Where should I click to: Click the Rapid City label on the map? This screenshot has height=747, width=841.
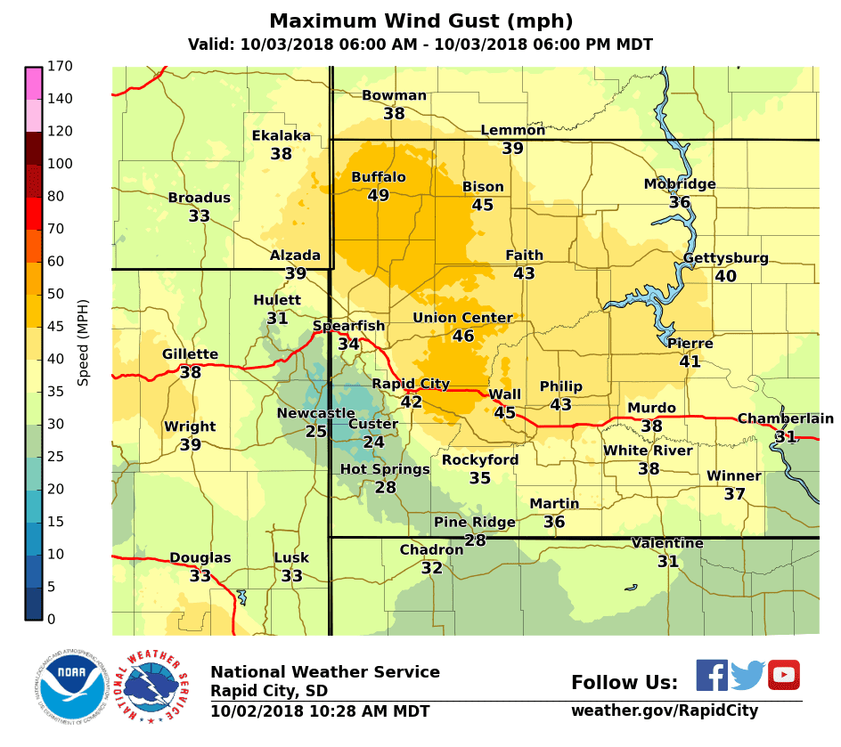[x=411, y=384]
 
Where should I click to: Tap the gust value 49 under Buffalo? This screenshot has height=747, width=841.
[x=379, y=195]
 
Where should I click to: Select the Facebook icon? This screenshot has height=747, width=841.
[x=712, y=675]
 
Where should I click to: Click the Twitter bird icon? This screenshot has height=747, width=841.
[x=748, y=675]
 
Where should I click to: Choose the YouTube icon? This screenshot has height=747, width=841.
[x=784, y=675]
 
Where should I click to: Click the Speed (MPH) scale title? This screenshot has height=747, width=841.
[x=83, y=343]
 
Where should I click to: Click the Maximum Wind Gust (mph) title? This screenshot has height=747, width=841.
[x=420, y=21]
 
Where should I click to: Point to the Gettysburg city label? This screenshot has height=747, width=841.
[x=725, y=258]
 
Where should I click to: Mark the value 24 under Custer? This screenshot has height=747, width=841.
[x=373, y=442]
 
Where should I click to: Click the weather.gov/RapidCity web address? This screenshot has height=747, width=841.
[x=665, y=710]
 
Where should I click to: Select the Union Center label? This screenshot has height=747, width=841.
[x=462, y=318]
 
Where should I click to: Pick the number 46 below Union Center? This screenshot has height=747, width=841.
[x=463, y=336]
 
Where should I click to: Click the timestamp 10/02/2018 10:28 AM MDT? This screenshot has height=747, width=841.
[x=320, y=711]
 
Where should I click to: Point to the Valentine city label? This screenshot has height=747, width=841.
[x=667, y=543]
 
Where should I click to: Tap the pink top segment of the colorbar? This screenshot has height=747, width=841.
[x=34, y=82]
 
